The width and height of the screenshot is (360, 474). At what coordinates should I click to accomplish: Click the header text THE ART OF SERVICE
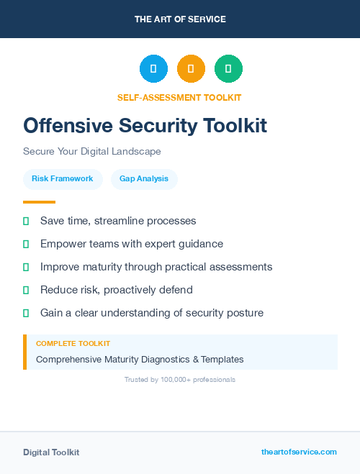[180, 19]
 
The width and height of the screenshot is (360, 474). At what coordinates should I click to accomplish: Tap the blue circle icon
[153, 69]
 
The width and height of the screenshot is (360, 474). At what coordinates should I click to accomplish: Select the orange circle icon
[191, 69]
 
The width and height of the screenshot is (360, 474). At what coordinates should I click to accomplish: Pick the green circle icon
[228, 69]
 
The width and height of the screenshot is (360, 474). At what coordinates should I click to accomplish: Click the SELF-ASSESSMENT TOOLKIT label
[180, 97]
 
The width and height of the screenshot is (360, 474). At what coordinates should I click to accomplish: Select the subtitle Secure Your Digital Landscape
[92, 152]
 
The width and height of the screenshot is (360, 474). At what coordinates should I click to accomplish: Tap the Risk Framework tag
[62, 178]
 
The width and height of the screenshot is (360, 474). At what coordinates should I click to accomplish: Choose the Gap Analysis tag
[144, 178]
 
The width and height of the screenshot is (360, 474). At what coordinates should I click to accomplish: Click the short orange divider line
[39, 202]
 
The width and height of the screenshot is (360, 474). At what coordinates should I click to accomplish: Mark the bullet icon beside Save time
[26, 221]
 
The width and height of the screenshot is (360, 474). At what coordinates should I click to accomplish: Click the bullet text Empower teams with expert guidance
[132, 244]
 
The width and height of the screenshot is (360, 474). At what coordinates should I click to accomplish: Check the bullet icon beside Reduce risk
[26, 290]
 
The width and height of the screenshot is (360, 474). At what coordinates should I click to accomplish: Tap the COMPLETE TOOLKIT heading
[73, 344]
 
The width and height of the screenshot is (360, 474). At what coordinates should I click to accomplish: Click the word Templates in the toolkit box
[222, 359]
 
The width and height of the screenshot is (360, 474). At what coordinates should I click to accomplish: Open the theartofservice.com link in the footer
[299, 452]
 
